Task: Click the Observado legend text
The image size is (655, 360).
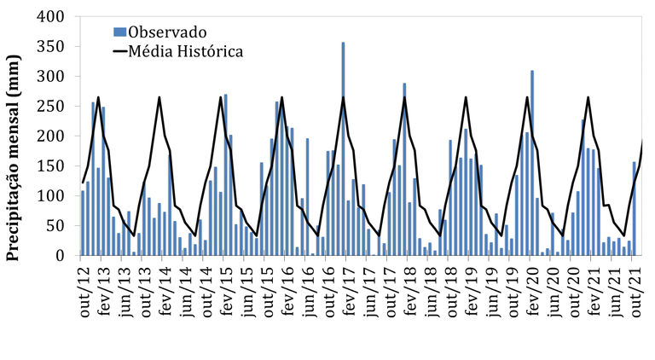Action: [167, 32]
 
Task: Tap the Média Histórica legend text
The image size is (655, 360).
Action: [185, 52]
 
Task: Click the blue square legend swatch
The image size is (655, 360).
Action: [119, 32]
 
